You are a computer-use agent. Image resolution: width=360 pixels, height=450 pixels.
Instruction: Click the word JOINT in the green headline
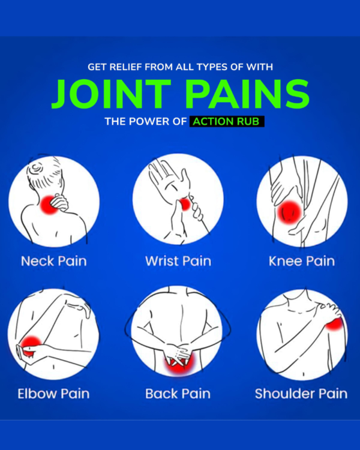tap(112, 94)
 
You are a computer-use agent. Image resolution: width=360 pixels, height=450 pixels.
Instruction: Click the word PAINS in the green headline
tap(247, 94)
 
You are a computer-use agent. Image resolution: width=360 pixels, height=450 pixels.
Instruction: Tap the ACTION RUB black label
tap(227, 121)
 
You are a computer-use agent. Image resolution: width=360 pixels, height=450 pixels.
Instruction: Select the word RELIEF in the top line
tap(126, 67)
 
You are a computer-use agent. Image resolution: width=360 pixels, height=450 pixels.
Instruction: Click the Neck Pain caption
tap(54, 261)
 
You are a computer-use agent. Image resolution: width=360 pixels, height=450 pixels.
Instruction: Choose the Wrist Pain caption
tap(178, 261)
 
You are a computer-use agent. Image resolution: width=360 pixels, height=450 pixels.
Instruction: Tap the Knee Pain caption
tap(302, 261)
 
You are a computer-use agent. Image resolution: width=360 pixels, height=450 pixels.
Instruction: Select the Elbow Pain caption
tap(53, 394)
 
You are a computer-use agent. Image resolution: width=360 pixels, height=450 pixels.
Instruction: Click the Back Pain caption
tap(178, 394)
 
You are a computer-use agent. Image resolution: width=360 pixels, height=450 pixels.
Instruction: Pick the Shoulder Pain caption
tap(301, 394)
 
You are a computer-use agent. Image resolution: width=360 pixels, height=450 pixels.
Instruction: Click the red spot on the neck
tap(49, 205)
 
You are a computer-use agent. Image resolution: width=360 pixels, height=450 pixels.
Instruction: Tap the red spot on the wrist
tap(185, 205)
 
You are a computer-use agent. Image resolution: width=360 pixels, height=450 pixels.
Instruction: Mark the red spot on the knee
tap(289, 212)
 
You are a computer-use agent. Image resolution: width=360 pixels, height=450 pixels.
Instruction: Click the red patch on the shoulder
tap(334, 323)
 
